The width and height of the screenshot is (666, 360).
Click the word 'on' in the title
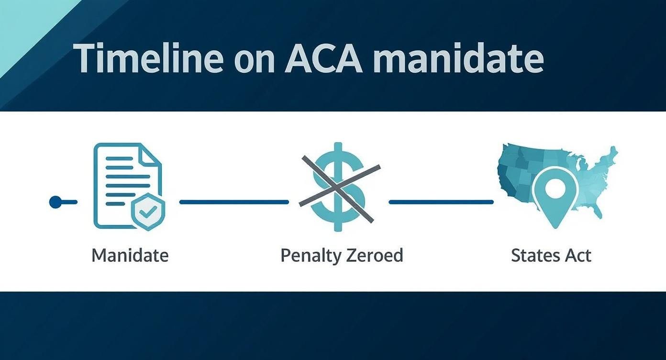[x=254, y=61]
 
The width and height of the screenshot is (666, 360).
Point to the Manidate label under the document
[x=130, y=255]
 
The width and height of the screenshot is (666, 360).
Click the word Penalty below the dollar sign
[x=309, y=255]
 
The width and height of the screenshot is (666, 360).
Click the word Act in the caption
[x=577, y=255]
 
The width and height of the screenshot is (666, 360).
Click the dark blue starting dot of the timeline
[x=55, y=202]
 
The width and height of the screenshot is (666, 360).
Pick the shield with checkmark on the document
[x=148, y=212]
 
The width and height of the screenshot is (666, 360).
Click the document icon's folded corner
[x=152, y=155]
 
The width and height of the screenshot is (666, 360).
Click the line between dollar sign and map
[x=441, y=202]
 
